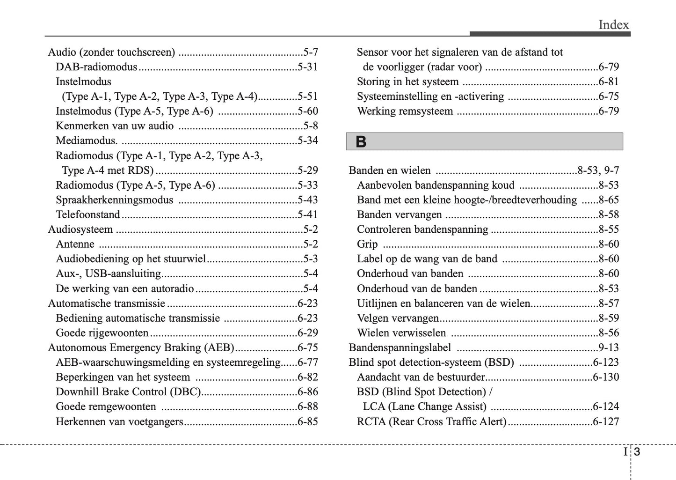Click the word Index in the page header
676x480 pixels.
[613, 25]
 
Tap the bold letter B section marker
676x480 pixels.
[361, 142]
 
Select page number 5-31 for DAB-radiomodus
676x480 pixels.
[307, 67]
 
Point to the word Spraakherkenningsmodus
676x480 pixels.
[114, 200]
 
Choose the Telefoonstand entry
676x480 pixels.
[88, 215]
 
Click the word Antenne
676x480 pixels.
[75, 244]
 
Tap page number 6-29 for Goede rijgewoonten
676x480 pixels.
[307, 333]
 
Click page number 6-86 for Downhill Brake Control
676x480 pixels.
[307, 392]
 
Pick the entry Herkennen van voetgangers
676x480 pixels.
[119, 421]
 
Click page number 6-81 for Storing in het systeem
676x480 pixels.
[609, 82]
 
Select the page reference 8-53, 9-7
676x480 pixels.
[598, 170]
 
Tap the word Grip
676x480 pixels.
[367, 244]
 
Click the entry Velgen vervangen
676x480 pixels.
[398, 318]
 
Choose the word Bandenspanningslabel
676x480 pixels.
[400, 348]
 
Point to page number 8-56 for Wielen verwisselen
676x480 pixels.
[609, 333]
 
